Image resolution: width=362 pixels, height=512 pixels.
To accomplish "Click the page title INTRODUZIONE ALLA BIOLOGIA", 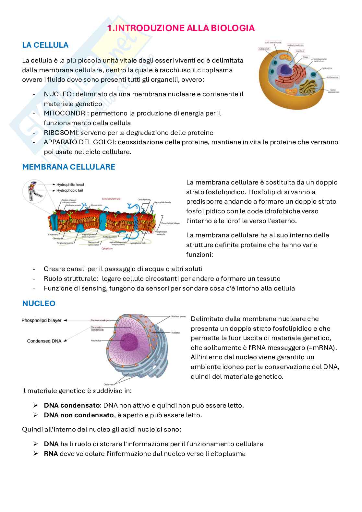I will (x=181, y=28).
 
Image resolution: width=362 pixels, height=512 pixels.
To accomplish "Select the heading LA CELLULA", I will (x=45, y=45).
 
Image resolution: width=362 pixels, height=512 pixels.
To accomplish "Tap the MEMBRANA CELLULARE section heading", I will (x=68, y=167).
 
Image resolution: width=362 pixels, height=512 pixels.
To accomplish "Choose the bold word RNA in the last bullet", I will (x=51, y=454).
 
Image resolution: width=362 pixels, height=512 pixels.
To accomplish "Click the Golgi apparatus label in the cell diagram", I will (x=334, y=91).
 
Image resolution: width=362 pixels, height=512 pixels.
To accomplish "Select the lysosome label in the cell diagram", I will (x=328, y=68).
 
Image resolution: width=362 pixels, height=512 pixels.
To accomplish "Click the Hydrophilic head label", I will (x=70, y=185).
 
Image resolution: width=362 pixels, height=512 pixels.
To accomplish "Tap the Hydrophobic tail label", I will (x=69, y=190).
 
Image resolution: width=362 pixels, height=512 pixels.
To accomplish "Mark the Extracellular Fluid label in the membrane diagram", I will (x=111, y=198).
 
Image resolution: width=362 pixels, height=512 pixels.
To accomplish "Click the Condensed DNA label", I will (x=43, y=341).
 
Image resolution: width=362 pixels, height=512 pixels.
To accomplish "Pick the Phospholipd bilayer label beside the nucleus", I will (x=41, y=320).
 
